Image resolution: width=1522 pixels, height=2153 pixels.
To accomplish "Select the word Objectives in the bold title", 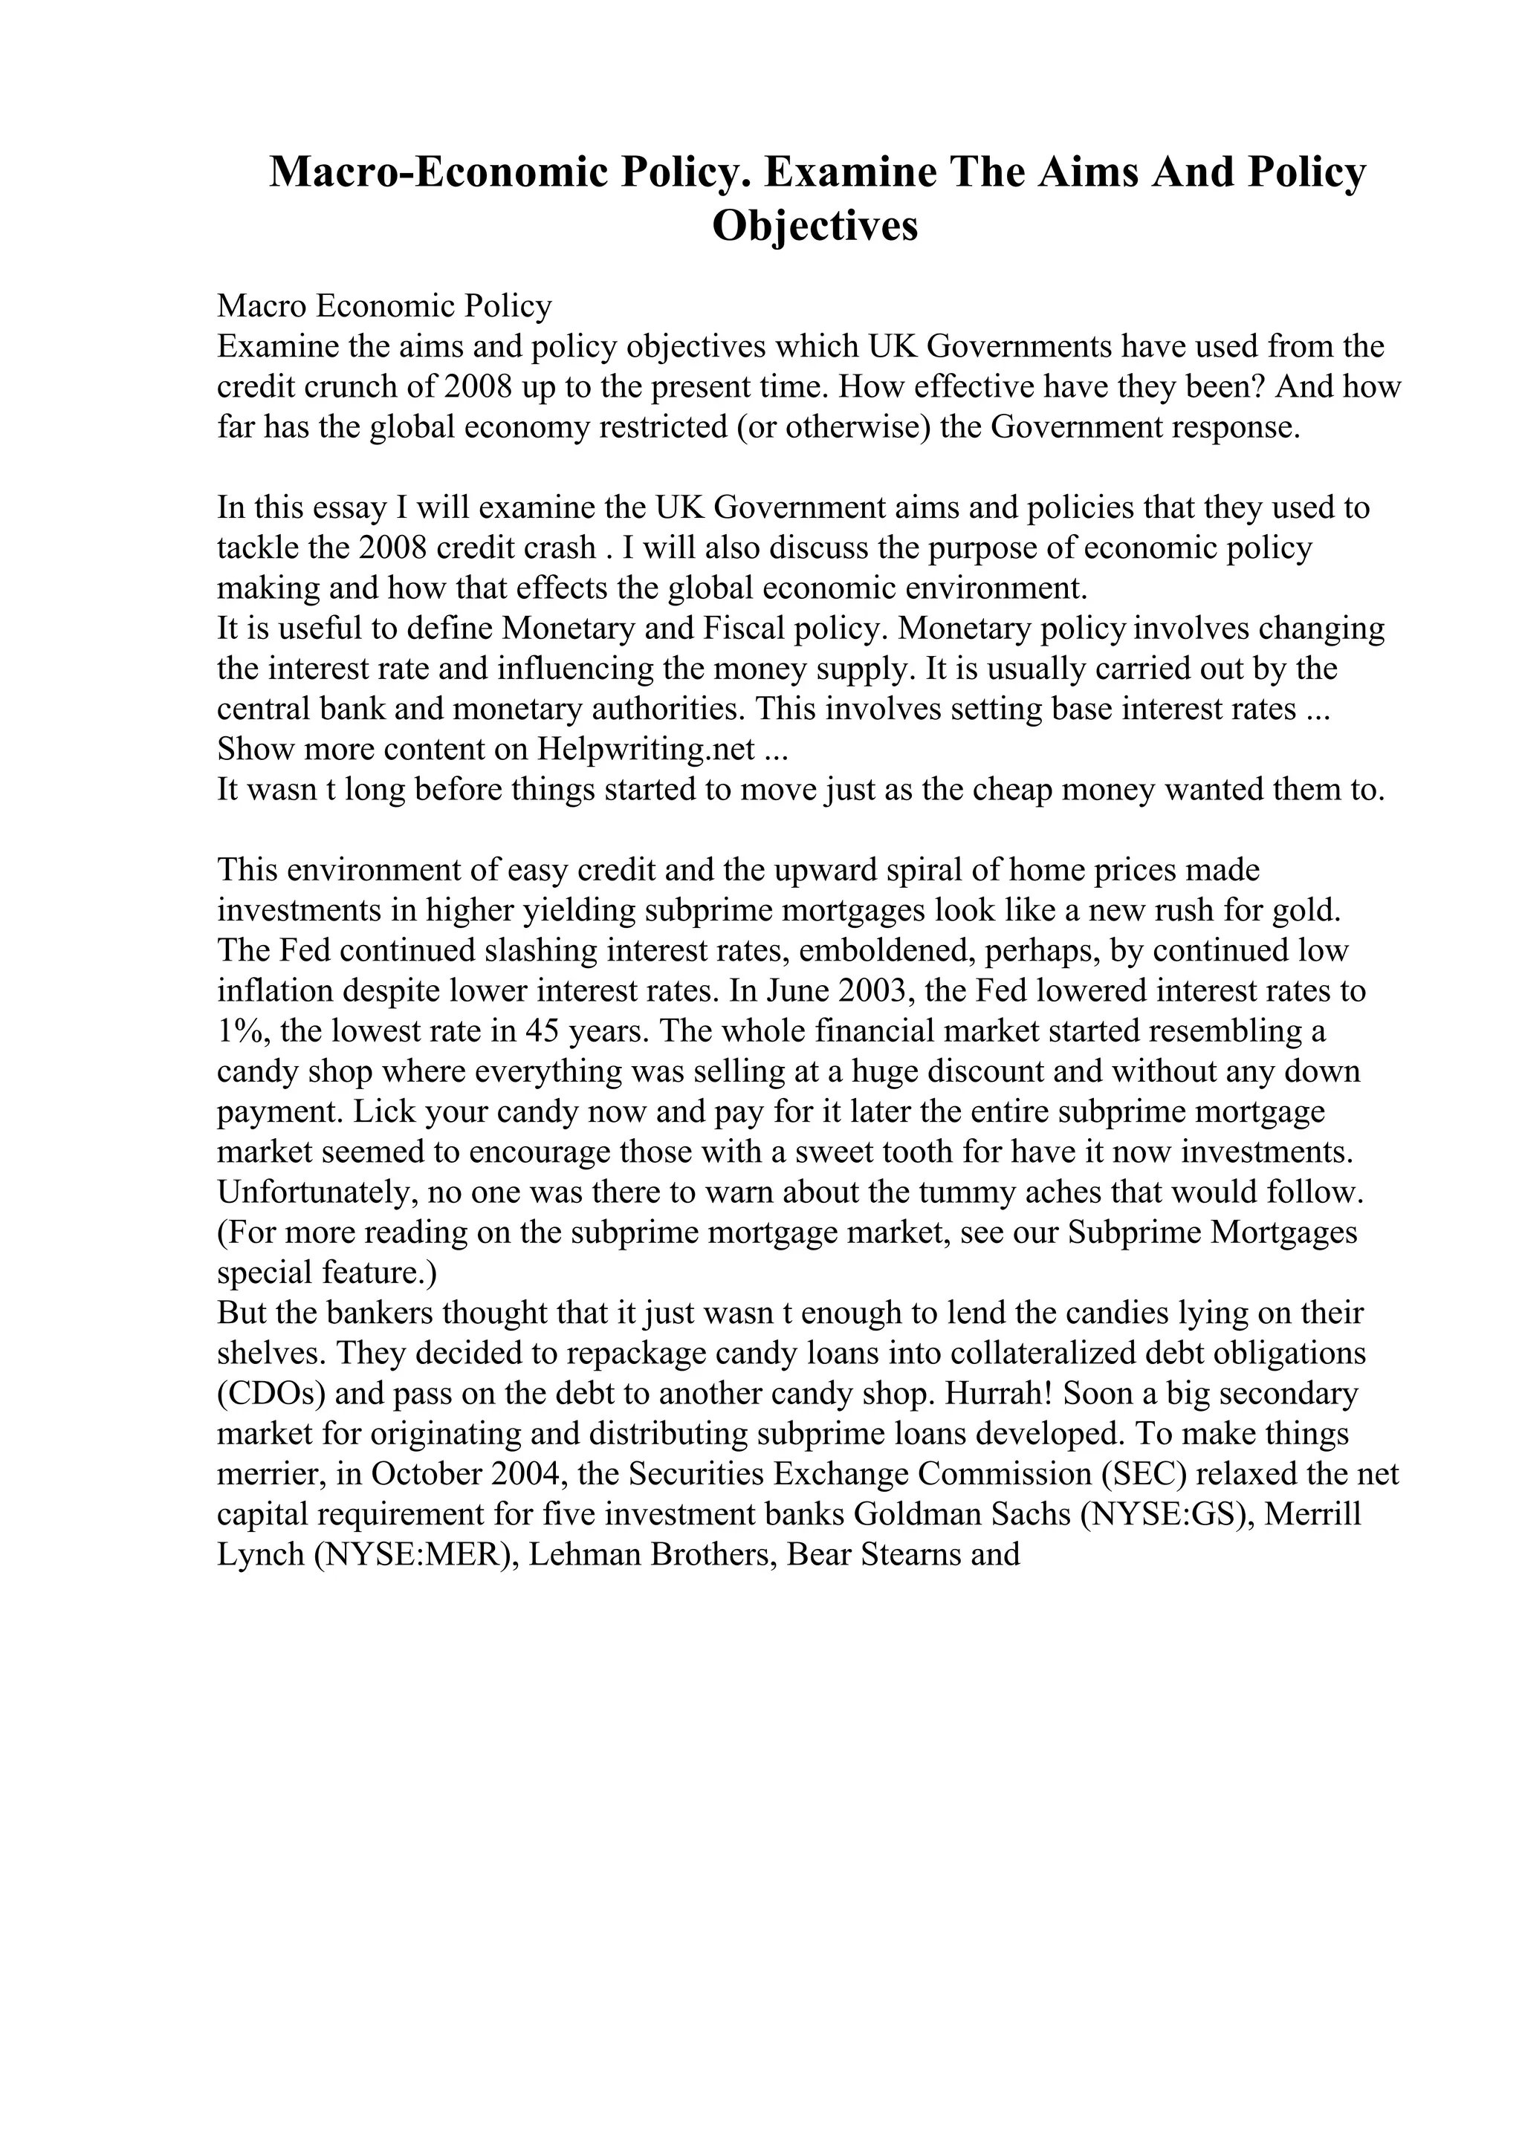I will [x=815, y=226].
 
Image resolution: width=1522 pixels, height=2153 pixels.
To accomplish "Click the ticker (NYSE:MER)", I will [x=413, y=1556].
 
